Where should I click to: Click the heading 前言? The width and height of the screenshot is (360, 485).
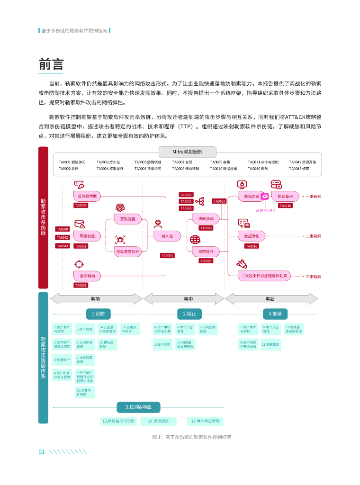pos(51,64)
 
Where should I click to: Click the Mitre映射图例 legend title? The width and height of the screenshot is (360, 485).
pos(187,152)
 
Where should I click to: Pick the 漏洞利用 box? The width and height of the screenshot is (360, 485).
pos(87,276)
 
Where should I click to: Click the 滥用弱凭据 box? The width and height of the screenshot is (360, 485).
pos(87,196)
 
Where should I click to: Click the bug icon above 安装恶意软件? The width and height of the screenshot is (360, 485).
pos(120,240)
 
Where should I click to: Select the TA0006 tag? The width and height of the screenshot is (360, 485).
pos(81,206)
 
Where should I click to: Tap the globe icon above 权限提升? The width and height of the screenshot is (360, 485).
pos(195,240)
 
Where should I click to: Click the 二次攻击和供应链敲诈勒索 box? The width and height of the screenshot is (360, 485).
pos(264,275)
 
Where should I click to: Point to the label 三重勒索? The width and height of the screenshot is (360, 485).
pos(313,276)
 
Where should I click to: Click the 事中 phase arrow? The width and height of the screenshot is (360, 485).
pos(183,299)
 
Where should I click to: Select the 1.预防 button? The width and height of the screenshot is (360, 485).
pos(99,314)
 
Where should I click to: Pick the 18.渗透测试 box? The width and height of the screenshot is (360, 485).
pos(162,421)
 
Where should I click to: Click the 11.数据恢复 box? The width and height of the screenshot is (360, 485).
pos(271,345)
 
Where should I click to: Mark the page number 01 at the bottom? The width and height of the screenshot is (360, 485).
pos(41,452)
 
